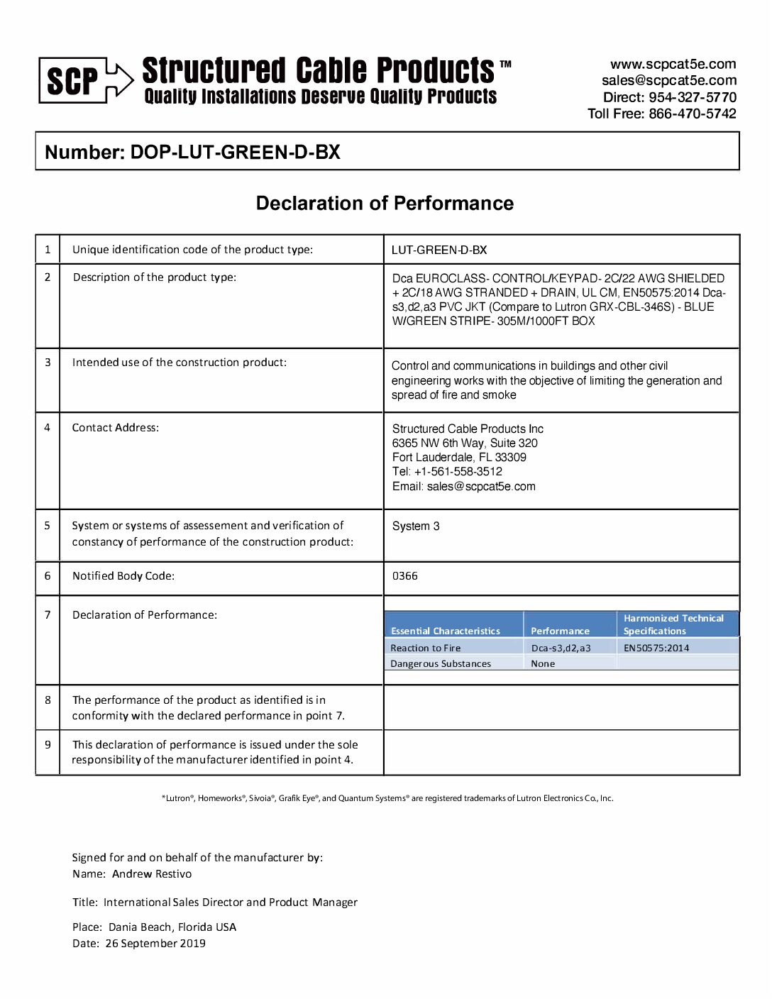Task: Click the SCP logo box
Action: (72, 81)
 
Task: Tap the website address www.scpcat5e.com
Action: (673, 64)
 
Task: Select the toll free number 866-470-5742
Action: (692, 114)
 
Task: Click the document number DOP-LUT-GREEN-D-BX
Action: (235, 152)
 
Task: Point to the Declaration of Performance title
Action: (385, 204)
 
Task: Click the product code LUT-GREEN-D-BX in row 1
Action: (439, 250)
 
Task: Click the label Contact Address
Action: (115, 428)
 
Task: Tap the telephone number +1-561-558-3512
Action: (458, 472)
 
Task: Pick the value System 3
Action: (416, 526)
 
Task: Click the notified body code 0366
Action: (405, 576)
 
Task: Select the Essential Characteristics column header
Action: (446, 631)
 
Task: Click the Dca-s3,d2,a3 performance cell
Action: (561, 648)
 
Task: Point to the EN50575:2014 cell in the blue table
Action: (656, 648)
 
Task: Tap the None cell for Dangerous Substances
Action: (543, 664)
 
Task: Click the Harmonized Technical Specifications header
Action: (673, 624)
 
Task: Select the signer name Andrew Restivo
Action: (152, 874)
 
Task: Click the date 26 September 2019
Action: (155, 944)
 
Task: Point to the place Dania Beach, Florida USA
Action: (172, 927)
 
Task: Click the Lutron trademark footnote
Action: (387, 798)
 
